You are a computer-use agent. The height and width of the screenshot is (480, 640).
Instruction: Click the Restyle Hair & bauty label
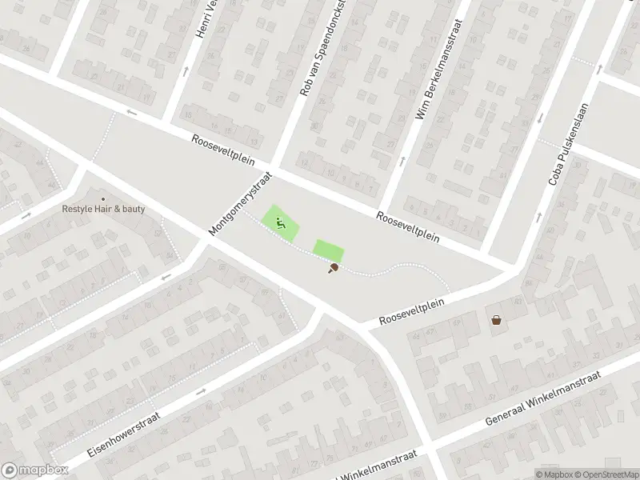coord(104,209)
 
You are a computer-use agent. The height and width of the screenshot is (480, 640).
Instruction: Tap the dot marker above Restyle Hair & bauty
coord(102,198)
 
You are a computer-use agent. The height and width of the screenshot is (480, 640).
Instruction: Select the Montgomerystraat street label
coord(241,202)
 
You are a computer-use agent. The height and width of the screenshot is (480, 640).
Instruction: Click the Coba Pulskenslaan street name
coord(568,144)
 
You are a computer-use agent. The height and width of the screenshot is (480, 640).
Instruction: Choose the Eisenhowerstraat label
coord(124,435)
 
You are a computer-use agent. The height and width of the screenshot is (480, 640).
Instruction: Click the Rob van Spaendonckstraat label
coord(323,48)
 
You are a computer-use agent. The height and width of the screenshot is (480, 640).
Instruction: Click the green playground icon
coord(281,223)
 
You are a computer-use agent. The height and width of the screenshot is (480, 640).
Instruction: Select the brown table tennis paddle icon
coord(332,269)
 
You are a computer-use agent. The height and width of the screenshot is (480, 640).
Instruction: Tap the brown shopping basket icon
coord(497,320)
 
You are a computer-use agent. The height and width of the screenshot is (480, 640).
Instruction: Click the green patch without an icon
coord(327,250)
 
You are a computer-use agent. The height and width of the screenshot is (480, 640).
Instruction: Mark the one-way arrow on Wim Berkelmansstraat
coord(401,161)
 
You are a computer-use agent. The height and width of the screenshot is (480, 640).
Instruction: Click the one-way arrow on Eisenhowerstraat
coord(200,391)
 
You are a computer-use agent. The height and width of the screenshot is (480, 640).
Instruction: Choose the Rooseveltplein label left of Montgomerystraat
coord(222,150)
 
